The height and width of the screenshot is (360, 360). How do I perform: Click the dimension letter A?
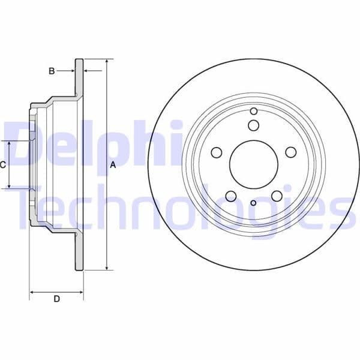[112, 165]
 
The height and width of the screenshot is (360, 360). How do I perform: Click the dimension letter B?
[52, 71]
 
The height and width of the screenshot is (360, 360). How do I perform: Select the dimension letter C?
[3, 164]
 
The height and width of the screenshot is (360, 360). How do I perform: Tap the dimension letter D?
[56, 299]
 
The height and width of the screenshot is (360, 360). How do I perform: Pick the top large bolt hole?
[254, 125]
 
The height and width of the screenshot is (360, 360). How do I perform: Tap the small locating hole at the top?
[254, 112]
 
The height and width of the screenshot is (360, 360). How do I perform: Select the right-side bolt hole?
[290, 152]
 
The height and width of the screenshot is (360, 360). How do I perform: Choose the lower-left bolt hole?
[230, 196]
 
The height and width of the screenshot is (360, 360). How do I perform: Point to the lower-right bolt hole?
[277, 196]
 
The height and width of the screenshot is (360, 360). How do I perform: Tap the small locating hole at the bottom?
[253, 203]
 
